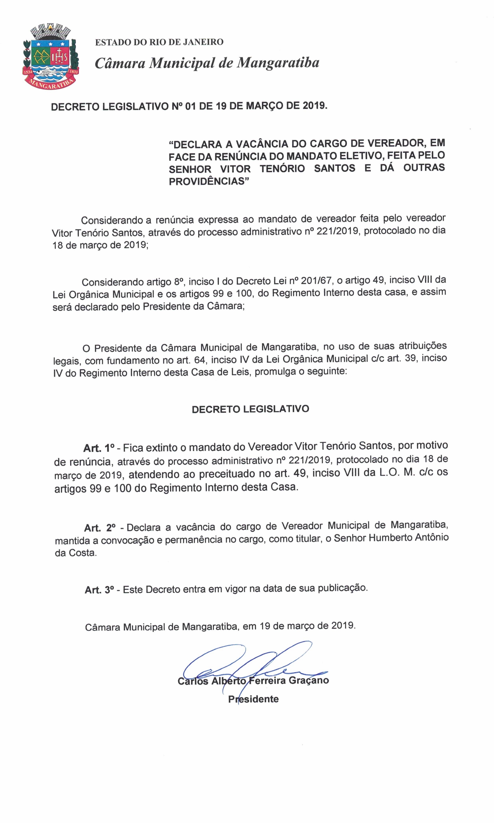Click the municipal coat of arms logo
50,57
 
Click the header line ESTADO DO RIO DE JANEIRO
159,42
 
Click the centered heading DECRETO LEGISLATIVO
250,410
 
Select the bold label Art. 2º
100,528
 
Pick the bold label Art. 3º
99,590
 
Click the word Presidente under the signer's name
253,699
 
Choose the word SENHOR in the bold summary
190,169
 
